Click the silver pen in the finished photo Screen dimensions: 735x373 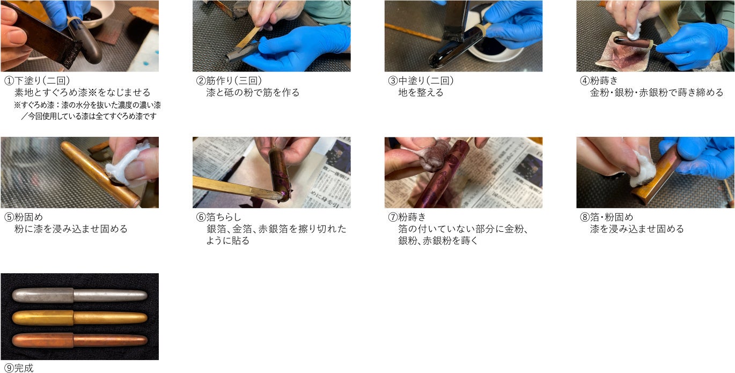pyautogui.click(x=80, y=296)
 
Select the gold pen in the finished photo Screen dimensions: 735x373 pyautogui.click(x=80, y=318)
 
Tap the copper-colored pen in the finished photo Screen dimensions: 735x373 pyautogui.click(x=80, y=340)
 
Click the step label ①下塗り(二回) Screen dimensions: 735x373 pyautogui.click(x=37, y=81)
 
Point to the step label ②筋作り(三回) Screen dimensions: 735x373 pyautogui.click(x=229, y=81)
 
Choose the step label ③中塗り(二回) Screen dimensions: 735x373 pyautogui.click(x=421, y=81)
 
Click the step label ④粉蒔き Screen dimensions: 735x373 pyautogui.click(x=599, y=81)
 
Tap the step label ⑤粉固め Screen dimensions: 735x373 pyautogui.click(x=24, y=217)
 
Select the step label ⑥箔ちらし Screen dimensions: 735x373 pyautogui.click(x=218, y=217)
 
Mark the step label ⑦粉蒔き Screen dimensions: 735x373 pyautogui.click(x=407, y=217)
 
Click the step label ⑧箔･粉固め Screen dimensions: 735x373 pyautogui.click(x=607, y=217)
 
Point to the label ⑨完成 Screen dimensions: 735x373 pyautogui.click(x=19, y=368)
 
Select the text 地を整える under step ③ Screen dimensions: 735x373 pyautogui.click(x=421, y=93)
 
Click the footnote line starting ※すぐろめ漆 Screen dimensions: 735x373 pyautogui.click(x=87, y=105)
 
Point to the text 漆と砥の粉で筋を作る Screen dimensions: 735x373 pyautogui.click(x=253, y=93)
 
